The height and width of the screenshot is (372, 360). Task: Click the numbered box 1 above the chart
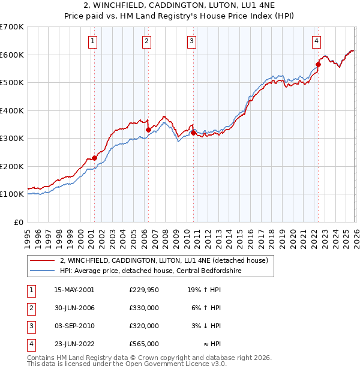coord(94,41)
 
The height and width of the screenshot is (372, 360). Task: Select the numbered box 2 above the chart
coord(147,41)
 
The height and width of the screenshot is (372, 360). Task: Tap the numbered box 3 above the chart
coord(191,41)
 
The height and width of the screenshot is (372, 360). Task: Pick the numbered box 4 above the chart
coord(316,41)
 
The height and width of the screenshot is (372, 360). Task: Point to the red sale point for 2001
coord(94,158)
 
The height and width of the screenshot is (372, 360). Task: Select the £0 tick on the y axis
coord(19,222)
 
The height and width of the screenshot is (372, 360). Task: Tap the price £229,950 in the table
coord(143,290)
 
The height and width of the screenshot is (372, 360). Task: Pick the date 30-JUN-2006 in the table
coord(74,308)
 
